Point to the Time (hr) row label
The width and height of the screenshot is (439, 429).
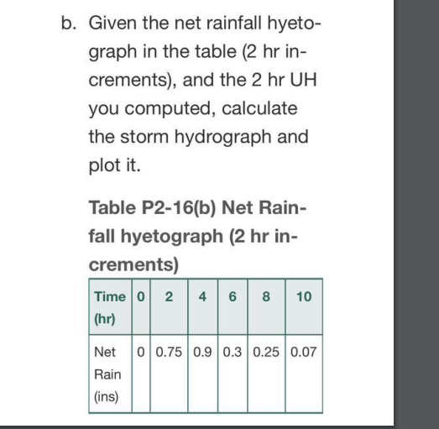105,308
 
